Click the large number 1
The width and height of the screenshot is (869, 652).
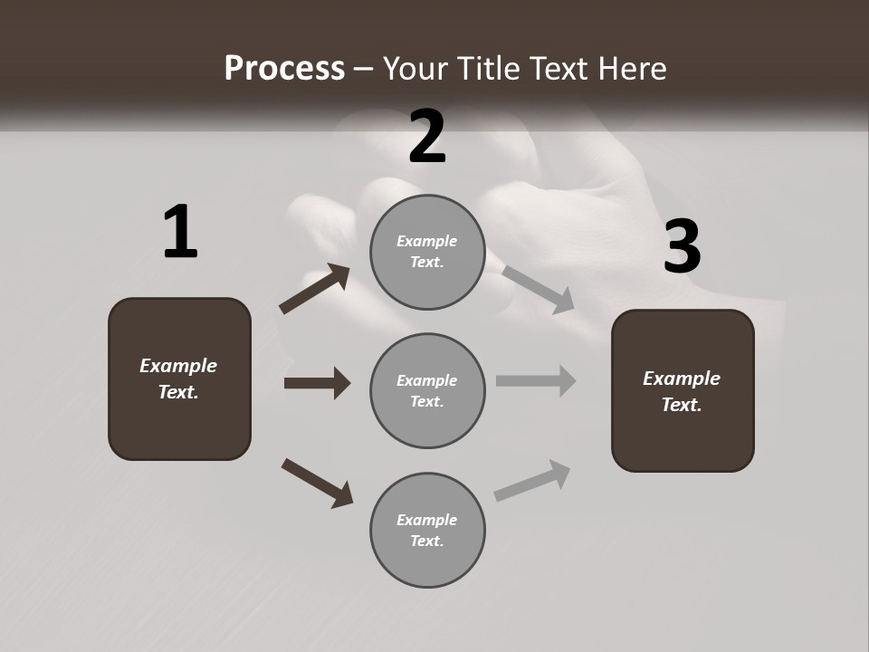click(x=180, y=233)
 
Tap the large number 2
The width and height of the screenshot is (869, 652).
click(x=427, y=137)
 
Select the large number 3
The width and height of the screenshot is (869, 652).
click(x=682, y=247)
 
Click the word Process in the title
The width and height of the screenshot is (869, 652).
click(x=284, y=68)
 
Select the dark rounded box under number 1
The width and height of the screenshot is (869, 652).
click(x=179, y=379)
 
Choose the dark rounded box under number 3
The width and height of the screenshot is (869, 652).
click(x=683, y=390)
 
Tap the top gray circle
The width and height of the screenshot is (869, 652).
click(x=427, y=252)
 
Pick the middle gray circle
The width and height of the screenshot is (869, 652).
click(x=427, y=390)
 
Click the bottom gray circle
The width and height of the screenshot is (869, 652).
click(x=427, y=530)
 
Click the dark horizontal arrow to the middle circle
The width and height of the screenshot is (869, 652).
click(x=317, y=383)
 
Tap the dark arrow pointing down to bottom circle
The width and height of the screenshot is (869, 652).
click(x=317, y=483)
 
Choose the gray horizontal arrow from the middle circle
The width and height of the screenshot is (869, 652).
click(x=536, y=380)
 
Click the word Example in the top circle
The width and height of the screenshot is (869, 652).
click(x=427, y=241)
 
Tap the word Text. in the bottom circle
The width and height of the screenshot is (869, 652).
click(x=427, y=541)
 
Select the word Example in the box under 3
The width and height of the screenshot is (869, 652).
click(x=682, y=379)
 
